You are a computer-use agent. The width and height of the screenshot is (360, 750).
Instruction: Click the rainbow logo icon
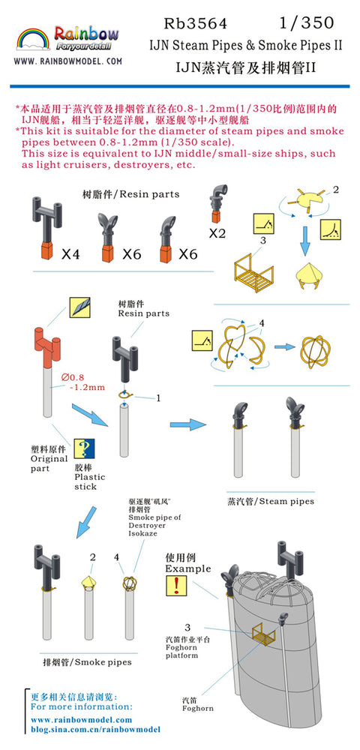34,39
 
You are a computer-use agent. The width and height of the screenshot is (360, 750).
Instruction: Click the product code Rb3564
196,23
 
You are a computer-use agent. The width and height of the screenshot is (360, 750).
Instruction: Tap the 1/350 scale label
306,22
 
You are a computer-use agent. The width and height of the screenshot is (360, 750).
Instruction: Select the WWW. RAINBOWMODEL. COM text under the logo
68,61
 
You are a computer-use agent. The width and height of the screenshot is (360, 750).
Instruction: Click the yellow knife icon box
79,307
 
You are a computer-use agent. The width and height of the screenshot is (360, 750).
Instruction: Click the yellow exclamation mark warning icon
176,586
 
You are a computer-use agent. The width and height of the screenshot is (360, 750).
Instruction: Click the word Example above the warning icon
188,568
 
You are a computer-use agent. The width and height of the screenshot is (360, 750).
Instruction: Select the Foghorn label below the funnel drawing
198,708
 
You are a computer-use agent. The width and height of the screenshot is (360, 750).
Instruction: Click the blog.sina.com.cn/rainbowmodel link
95,730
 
